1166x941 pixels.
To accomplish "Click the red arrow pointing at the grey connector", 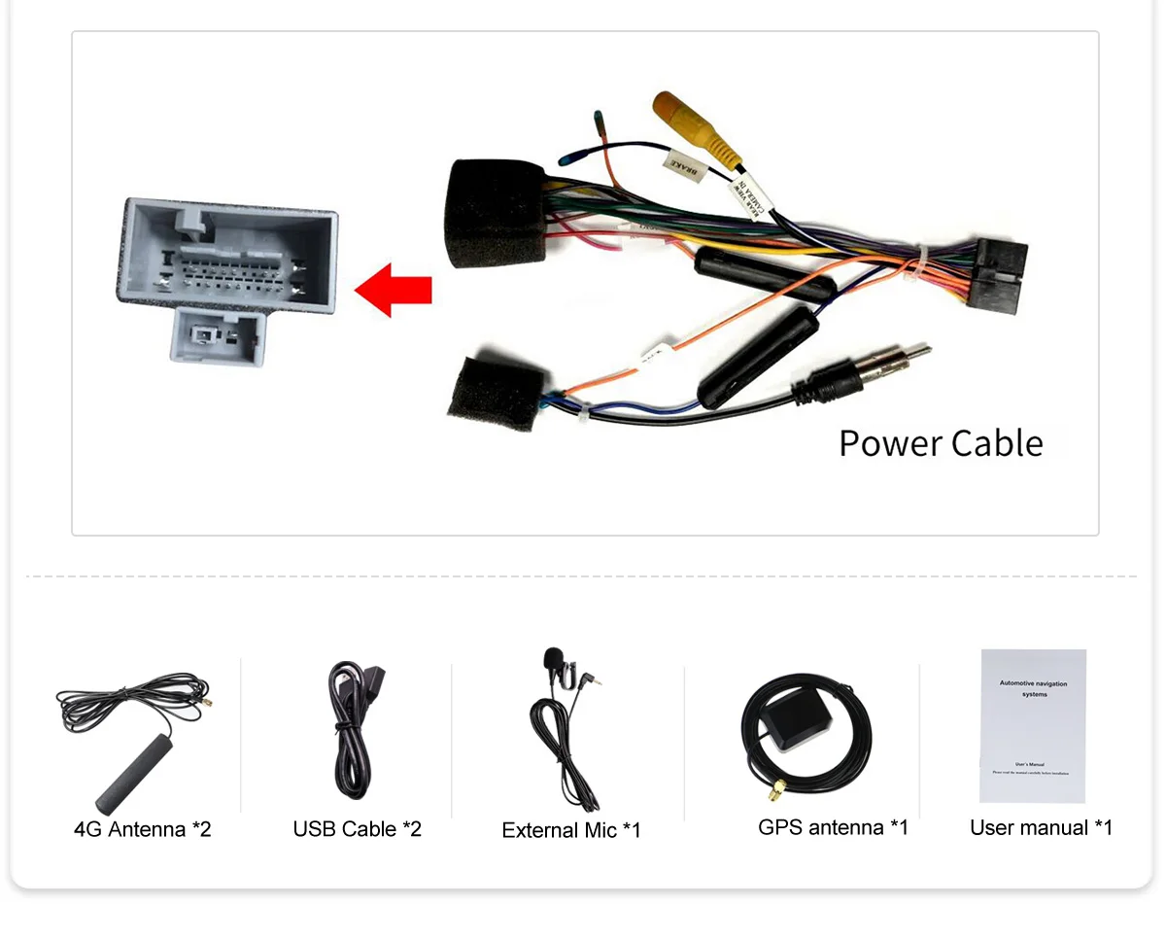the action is click(393, 290).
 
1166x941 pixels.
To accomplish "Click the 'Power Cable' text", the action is click(941, 443).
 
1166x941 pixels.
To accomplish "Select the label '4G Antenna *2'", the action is click(142, 829).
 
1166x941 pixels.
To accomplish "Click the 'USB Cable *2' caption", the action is click(357, 829).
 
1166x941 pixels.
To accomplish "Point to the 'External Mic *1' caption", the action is click(571, 830).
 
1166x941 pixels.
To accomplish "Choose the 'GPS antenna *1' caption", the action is click(833, 827).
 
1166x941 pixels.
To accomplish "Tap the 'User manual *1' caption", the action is click(1041, 827).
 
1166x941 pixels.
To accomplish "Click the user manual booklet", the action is click(1033, 725).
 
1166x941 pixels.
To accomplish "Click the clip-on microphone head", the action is click(554, 659).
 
